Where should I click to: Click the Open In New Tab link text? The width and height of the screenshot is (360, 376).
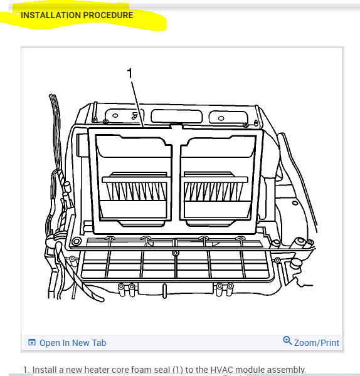pyautogui.click(x=73, y=343)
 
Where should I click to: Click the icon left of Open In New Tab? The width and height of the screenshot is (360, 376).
pyautogui.click(x=32, y=343)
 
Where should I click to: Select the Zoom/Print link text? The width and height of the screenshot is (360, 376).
pyautogui.click(x=316, y=343)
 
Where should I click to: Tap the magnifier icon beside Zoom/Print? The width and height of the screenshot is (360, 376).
pyautogui.click(x=287, y=341)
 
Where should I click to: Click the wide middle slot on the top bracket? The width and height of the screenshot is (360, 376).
pyautogui.click(x=176, y=115)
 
